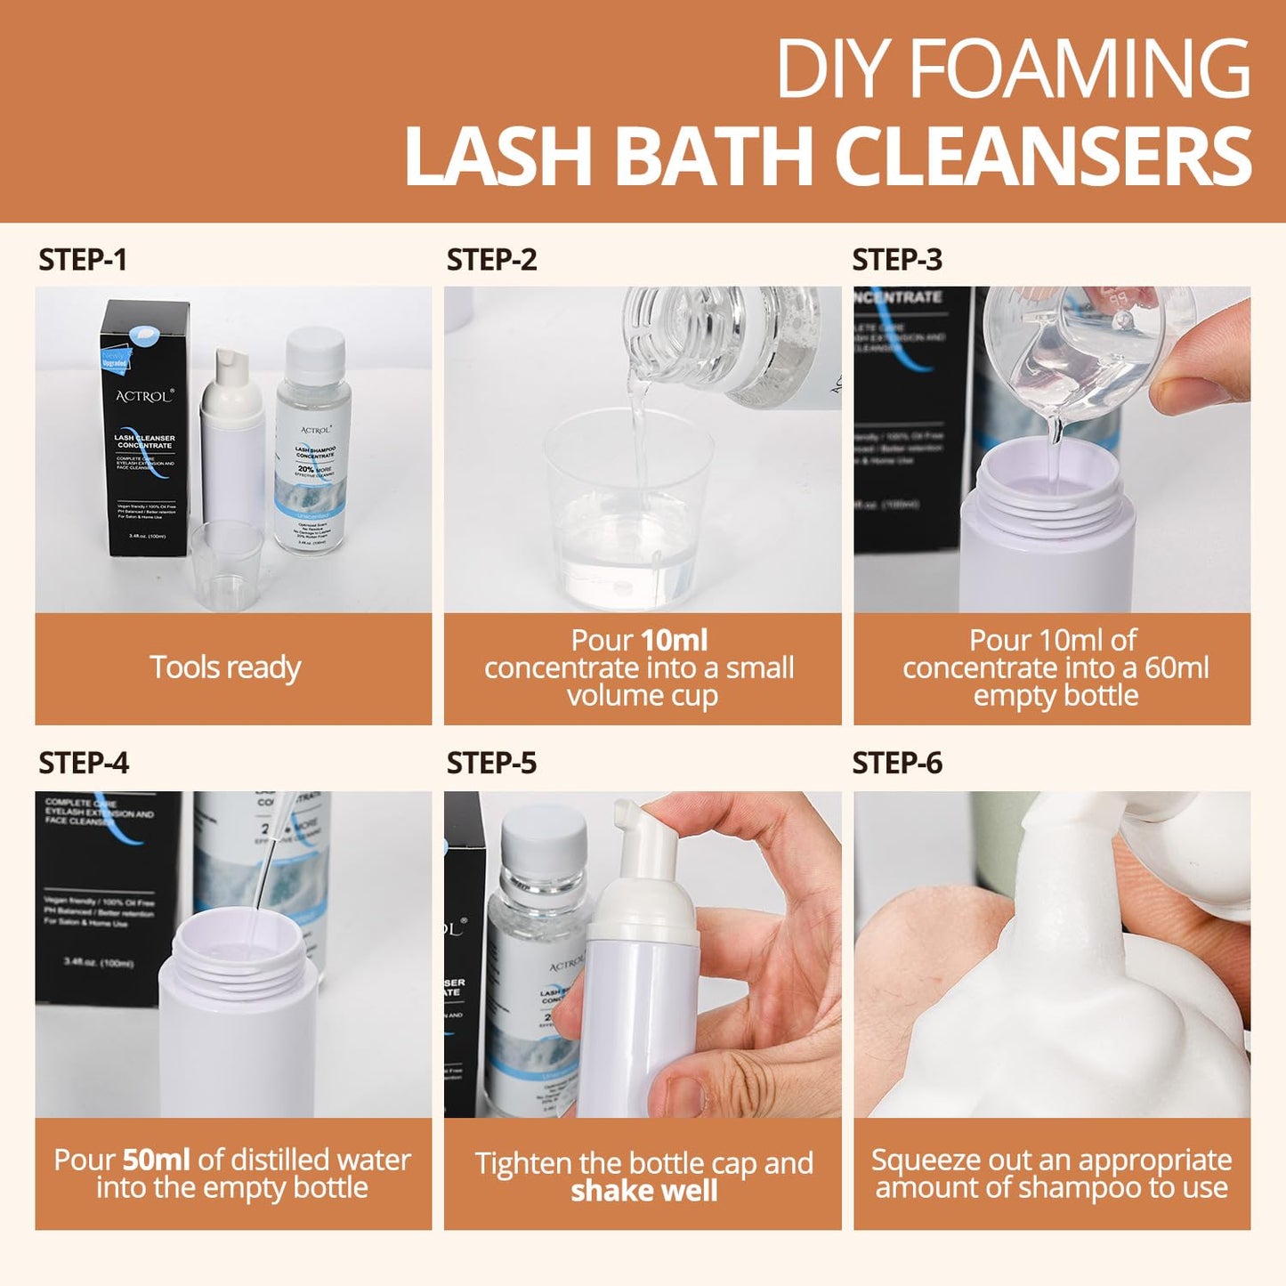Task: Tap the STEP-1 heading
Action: (83, 260)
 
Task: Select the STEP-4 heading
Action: (84, 763)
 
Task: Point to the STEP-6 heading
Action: (897, 763)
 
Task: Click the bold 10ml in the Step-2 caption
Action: (674, 640)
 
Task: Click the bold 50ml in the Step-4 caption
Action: (156, 1160)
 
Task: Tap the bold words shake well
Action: (643, 1191)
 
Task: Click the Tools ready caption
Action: (225, 667)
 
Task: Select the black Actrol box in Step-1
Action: (144, 427)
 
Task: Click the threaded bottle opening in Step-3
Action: (1047, 498)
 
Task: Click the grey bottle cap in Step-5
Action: (544, 841)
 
